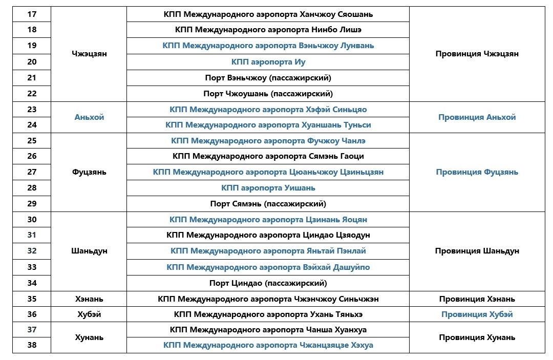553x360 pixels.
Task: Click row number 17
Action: [32, 14]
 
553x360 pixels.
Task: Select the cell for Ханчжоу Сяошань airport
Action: [268, 14]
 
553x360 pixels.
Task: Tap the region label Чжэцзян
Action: [89, 54]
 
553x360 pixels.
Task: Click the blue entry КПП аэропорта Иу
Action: [268, 62]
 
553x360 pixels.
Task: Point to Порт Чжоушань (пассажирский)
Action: [268, 94]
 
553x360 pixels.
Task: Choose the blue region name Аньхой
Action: [89, 117]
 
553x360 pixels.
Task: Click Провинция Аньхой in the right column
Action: [477, 117]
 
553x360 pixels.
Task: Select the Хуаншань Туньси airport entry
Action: [268, 125]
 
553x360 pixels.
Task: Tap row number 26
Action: [32, 156]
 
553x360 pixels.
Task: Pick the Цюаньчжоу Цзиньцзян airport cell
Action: [268, 172]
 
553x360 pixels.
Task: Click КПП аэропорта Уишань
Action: [268, 188]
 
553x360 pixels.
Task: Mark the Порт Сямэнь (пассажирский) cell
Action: [268, 204]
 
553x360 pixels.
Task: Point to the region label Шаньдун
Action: [89, 251]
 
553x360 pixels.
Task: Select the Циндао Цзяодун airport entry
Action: [268, 235]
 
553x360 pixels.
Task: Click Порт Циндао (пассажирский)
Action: [268, 283]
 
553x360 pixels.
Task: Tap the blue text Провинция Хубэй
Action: [477, 314]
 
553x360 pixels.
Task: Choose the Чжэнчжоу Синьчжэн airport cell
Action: [268, 299]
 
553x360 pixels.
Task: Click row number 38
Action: [32, 345]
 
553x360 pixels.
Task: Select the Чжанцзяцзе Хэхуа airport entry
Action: [268, 345]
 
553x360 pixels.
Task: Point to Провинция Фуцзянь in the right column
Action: [477, 172]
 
